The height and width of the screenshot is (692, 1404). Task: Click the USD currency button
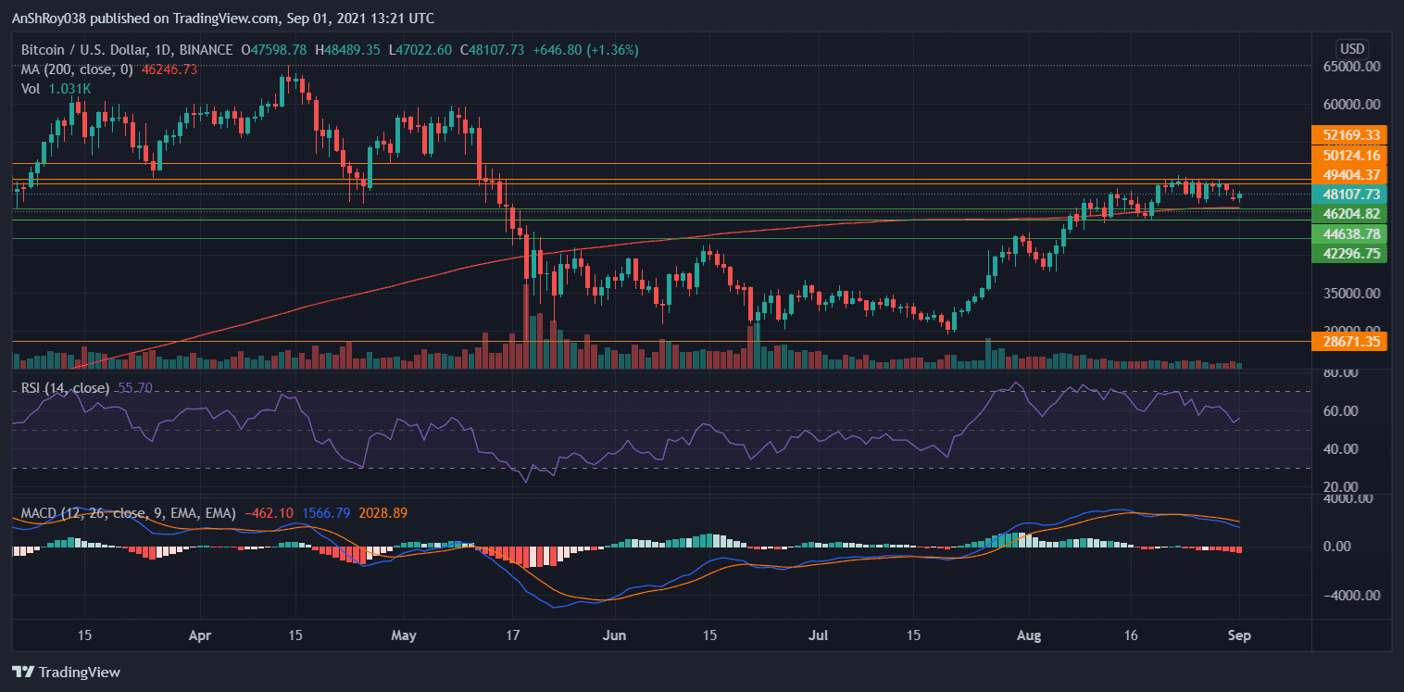[x=1352, y=48]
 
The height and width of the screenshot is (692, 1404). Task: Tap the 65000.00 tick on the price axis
[x=1352, y=67]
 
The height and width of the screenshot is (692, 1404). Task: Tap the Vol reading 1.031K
[x=70, y=88]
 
